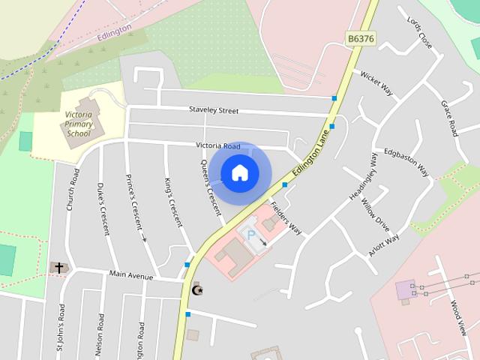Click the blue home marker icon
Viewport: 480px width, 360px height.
pos(239,173)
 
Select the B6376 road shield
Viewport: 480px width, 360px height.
pos(361,37)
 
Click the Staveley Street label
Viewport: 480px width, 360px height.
pos(214,111)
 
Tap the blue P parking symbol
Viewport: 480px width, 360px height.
pos(250,235)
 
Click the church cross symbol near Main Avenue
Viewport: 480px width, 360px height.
pos(58,267)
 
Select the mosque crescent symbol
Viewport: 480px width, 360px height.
pos(198,289)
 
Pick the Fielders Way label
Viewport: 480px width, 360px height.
pos(286,218)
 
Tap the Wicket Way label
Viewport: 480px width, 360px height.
pos(376,83)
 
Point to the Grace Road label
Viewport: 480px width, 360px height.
pos(449,118)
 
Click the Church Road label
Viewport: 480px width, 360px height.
pos(73,188)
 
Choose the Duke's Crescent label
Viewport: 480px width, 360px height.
pos(103,208)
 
